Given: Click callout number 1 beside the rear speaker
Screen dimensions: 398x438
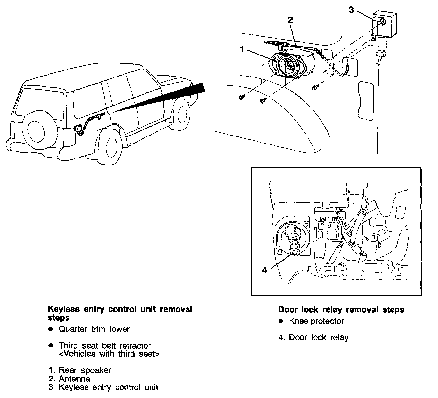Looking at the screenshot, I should pos(242,49).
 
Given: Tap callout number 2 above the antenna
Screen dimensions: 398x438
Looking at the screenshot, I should pos(290,20).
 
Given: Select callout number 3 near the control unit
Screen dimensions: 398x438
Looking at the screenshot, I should pos(351,10).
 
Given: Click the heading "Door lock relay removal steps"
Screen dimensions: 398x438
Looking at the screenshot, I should pos(341,310).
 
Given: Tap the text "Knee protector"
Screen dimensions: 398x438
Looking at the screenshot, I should pos(316,321).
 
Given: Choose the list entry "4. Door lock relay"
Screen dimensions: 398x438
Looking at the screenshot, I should pos(313,337).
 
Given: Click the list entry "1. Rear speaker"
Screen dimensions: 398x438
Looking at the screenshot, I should pos(80,370).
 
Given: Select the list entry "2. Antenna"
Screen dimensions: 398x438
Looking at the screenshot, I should pos(69,379).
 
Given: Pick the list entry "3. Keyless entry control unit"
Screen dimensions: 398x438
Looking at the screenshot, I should pos(103,387).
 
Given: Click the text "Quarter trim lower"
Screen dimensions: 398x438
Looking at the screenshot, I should pos(94,329).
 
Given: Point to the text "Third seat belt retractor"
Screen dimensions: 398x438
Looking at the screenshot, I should pos(104,346).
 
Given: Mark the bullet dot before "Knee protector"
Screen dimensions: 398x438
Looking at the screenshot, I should pos(280,321).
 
